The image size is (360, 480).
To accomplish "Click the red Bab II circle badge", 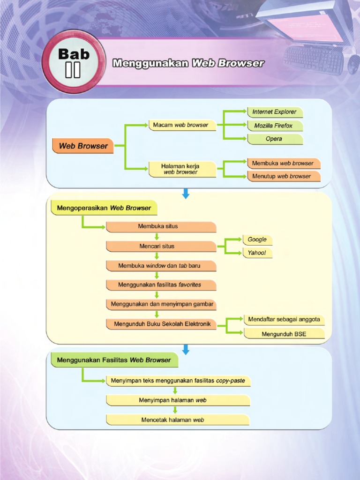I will (x=73, y=61).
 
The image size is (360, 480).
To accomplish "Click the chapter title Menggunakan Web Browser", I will (x=188, y=63).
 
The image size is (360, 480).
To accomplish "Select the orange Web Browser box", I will (x=83, y=146).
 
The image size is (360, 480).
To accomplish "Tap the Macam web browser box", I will (x=182, y=125).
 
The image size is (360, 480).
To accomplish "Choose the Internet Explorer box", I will (x=275, y=112).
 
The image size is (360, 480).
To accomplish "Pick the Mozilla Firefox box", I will (x=275, y=126).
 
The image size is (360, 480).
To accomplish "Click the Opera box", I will (x=275, y=139).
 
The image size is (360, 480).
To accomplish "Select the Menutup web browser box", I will (x=283, y=176).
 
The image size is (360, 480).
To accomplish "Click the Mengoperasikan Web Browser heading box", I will (x=104, y=208).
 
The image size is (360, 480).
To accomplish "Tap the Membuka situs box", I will (x=161, y=226).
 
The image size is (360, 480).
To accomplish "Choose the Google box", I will (x=257, y=240).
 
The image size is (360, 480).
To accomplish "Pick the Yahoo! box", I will (x=257, y=253).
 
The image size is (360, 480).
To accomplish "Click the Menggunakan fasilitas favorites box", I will (x=161, y=285).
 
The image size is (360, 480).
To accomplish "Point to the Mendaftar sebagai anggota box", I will (x=284, y=320).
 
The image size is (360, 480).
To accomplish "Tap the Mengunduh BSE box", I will (x=284, y=333).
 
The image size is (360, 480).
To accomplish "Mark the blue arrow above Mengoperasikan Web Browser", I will (x=186, y=193).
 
